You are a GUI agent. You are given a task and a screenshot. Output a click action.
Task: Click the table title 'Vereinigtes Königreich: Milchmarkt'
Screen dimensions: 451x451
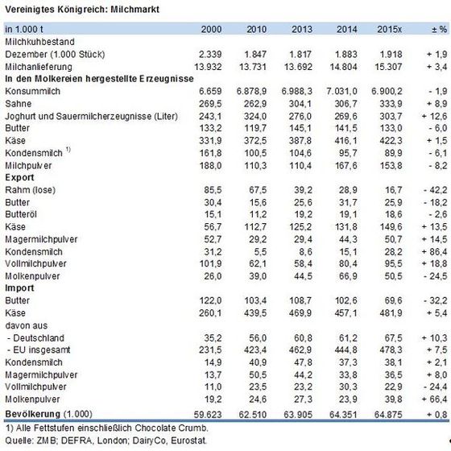click(x=82, y=10)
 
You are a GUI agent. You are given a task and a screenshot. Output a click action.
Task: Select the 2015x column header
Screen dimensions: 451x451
click(x=390, y=29)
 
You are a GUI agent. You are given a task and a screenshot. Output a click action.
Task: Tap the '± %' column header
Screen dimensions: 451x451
click(x=440, y=29)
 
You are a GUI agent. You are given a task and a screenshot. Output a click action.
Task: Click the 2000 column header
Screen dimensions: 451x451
click(x=211, y=29)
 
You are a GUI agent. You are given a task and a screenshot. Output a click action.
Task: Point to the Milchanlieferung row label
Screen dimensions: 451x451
click(x=39, y=67)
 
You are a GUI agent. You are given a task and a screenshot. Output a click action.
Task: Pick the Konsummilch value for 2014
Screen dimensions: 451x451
click(x=341, y=92)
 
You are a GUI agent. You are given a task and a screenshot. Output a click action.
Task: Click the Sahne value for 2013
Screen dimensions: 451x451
click(x=300, y=104)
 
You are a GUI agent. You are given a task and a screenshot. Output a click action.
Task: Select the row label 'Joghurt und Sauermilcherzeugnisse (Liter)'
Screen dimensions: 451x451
click(x=91, y=116)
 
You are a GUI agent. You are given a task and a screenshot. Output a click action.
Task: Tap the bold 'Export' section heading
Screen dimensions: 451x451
click(x=19, y=177)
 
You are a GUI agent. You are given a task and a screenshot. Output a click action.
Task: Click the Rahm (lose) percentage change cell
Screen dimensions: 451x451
click(x=436, y=190)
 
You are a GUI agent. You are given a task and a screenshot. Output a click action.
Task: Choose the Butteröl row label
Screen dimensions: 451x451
click(x=21, y=214)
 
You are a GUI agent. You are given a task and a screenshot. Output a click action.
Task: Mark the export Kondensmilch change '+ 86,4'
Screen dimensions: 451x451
click(x=435, y=251)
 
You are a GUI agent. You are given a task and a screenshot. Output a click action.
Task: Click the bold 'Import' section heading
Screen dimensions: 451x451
click(x=19, y=288)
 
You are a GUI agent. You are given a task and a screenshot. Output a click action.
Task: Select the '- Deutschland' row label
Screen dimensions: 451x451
click(x=35, y=338)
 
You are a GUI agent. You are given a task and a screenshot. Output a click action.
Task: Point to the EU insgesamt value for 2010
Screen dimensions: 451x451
click(x=255, y=350)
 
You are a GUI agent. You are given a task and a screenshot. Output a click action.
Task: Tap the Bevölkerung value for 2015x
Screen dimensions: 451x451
click(x=388, y=415)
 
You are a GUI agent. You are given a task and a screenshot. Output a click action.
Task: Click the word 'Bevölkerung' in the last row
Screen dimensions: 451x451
click(x=33, y=414)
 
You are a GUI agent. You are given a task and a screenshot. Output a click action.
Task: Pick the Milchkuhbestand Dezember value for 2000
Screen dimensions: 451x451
click(x=210, y=55)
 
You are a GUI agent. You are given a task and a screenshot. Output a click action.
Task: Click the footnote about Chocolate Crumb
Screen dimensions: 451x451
click(x=106, y=428)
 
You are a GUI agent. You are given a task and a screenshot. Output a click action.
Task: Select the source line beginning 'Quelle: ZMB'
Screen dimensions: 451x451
click(x=106, y=441)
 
